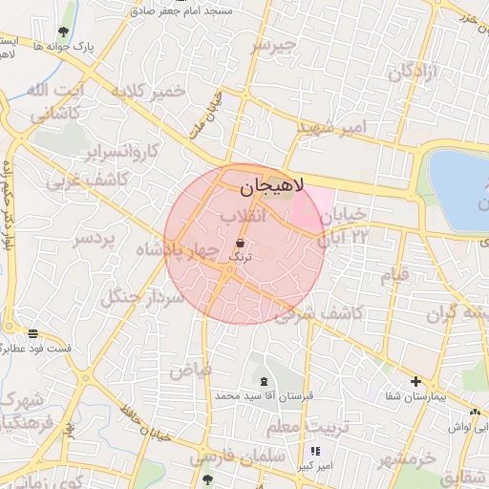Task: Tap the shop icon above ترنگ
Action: (239, 244)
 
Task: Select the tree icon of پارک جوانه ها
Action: (64, 31)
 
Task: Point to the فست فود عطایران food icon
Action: (33, 333)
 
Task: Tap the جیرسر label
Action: (274, 44)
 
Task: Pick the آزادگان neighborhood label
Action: (412, 72)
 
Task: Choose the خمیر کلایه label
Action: (147, 92)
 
